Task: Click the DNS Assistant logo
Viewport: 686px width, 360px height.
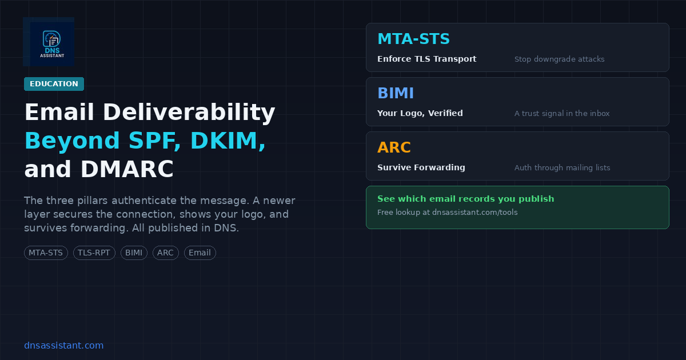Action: click(x=49, y=42)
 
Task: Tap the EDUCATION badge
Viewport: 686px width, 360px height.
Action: click(x=54, y=84)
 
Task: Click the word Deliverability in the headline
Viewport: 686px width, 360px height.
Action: click(x=189, y=112)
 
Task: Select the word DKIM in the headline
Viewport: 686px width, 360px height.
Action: click(x=228, y=141)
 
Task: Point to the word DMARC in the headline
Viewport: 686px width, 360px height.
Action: click(x=127, y=169)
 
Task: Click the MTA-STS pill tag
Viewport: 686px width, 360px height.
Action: click(x=46, y=253)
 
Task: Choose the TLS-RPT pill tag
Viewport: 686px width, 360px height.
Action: click(x=94, y=253)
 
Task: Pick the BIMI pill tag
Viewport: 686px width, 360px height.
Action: click(x=134, y=253)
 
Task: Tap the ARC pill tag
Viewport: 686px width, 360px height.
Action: click(x=165, y=253)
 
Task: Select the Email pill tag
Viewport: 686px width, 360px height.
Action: click(x=200, y=253)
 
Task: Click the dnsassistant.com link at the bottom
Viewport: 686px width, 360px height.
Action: click(x=63, y=345)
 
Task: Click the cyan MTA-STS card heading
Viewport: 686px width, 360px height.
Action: click(x=413, y=39)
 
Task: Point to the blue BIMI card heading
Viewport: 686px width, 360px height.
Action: click(x=396, y=93)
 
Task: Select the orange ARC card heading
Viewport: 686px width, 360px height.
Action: click(x=394, y=147)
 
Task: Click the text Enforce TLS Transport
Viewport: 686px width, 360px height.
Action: click(x=426, y=59)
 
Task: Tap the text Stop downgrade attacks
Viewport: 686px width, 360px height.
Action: click(x=559, y=59)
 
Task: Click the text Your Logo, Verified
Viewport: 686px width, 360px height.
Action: click(x=420, y=113)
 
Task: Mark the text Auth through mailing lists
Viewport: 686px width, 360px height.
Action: click(x=562, y=168)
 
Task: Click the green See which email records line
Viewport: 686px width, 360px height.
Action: click(x=465, y=199)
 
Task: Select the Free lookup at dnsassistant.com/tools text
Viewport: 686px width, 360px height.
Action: click(x=448, y=213)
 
